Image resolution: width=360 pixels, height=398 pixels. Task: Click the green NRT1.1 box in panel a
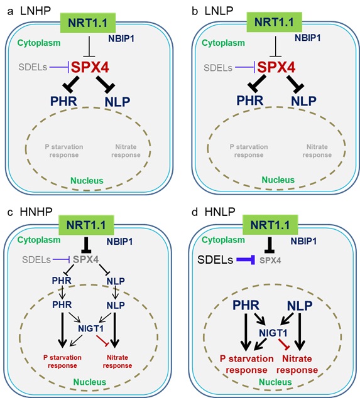tap(88, 23)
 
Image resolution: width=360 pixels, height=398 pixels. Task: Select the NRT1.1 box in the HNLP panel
tap(270, 225)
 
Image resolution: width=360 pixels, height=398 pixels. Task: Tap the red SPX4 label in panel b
tap(276, 67)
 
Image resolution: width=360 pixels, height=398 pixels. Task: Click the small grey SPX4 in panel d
tap(270, 261)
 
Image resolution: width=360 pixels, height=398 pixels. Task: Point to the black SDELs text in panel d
tap(215, 260)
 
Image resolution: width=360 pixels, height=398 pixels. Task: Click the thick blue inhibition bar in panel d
tap(246, 260)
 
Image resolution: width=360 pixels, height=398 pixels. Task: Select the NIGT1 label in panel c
tap(91, 328)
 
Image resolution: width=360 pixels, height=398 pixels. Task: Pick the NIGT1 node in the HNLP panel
tap(273, 333)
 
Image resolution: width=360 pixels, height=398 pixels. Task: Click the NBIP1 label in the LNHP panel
tap(121, 38)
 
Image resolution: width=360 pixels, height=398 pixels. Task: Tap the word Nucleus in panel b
tap(278, 180)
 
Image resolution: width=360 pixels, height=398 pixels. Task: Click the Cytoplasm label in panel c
tap(39, 240)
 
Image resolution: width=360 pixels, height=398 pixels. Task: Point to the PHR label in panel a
tap(63, 101)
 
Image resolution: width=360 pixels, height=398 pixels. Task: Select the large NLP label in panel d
tap(300, 306)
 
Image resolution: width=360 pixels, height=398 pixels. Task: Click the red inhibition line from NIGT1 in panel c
tap(102, 340)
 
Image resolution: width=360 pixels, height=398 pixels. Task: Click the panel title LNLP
tap(219, 11)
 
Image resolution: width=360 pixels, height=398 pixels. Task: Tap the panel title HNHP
tap(36, 212)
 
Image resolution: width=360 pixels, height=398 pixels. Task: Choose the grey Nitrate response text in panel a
tap(126, 151)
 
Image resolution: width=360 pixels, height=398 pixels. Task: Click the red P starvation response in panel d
tap(246, 364)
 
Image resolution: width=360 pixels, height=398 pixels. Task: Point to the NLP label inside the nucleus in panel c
tap(116, 305)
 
